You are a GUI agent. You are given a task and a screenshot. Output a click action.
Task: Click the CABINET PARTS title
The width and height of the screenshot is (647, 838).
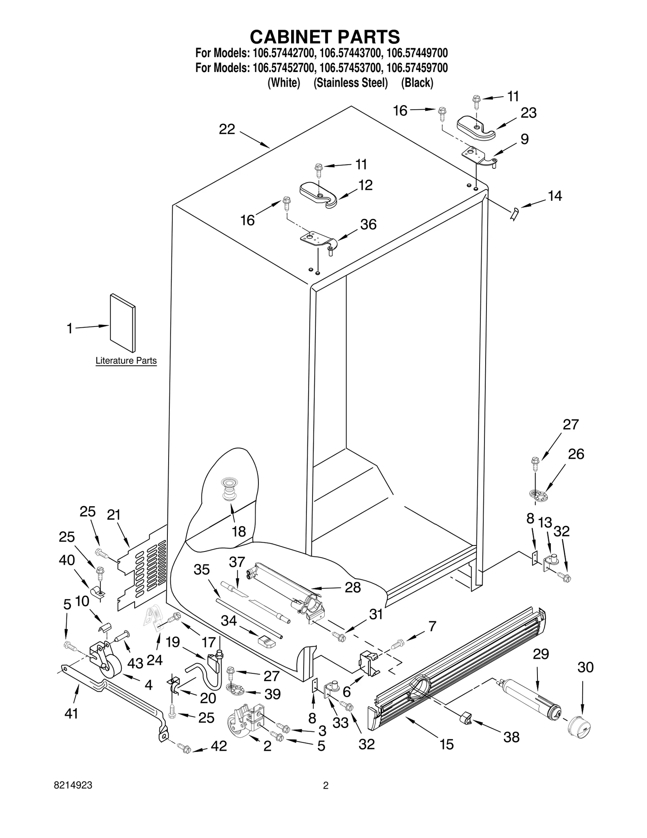(325, 37)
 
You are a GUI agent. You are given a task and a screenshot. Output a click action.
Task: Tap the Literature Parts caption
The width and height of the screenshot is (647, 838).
(126, 361)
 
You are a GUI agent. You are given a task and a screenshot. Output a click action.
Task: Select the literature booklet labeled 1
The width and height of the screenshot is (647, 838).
(123, 322)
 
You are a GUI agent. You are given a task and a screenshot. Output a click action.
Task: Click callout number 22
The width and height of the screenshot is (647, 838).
(227, 129)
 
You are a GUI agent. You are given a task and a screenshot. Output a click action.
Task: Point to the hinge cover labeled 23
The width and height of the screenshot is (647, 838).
(476, 129)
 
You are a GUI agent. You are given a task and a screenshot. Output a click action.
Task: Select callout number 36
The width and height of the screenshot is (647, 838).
(368, 224)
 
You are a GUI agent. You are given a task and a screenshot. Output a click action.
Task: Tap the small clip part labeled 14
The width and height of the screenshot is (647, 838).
(514, 213)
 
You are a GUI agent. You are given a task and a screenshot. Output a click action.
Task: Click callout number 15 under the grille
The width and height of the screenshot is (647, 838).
(447, 744)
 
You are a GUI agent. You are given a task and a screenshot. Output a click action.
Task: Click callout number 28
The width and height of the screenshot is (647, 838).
(352, 588)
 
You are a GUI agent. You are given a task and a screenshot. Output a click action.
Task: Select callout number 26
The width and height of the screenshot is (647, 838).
(576, 454)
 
